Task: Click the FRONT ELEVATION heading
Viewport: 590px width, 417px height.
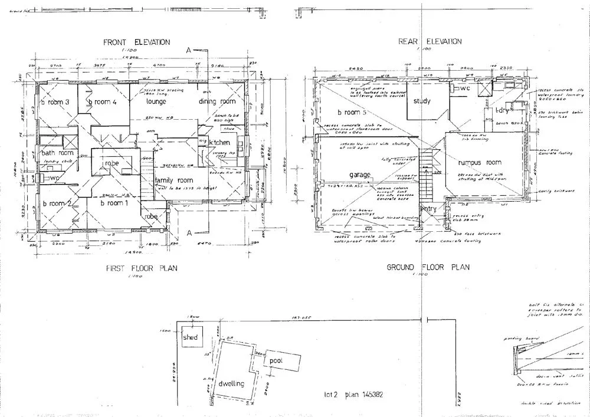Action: tap(136, 42)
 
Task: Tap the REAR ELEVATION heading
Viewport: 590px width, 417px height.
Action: tap(430, 41)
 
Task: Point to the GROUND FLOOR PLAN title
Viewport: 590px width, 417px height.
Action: tap(428, 267)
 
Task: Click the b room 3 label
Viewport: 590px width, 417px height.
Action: tap(55, 102)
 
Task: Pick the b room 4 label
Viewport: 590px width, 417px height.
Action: tap(102, 102)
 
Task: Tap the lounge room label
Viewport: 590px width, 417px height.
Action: tap(156, 101)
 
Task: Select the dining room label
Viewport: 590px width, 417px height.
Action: tap(217, 101)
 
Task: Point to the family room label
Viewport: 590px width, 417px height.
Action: tap(174, 180)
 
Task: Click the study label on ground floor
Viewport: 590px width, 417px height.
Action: tap(422, 101)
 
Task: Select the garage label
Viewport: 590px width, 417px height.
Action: tap(359, 175)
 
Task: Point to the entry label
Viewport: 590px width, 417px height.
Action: tap(428, 209)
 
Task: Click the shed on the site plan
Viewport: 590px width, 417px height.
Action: tap(189, 338)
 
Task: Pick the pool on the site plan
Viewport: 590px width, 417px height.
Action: tap(277, 360)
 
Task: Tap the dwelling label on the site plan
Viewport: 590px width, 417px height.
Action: tap(231, 384)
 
